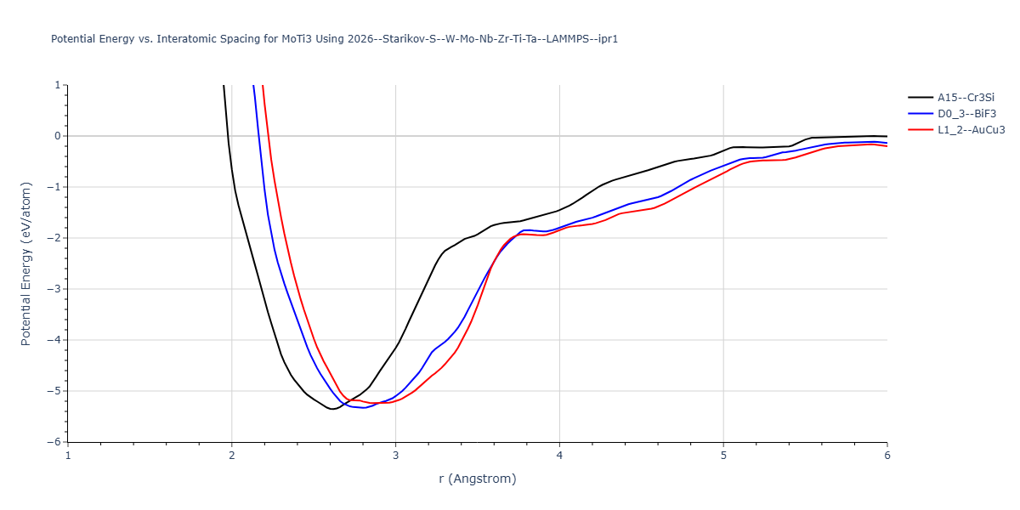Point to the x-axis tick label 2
(232, 456)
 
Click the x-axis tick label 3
(396, 456)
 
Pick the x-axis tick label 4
(559, 456)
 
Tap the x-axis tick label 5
(723, 456)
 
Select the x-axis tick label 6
(887, 456)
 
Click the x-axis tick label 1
(68, 456)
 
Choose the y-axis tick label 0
(57, 136)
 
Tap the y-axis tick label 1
(57, 85)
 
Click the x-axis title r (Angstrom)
(477, 479)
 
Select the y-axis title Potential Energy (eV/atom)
(26, 263)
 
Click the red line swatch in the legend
(920, 130)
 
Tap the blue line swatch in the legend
(920, 114)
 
